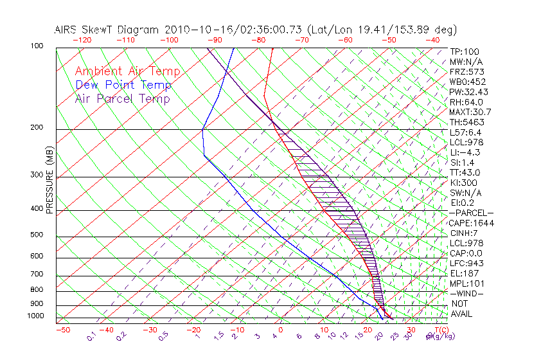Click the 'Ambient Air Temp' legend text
click(x=127, y=71)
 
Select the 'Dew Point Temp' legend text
click(x=123, y=85)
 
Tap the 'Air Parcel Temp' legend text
click(x=123, y=98)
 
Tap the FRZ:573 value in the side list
click(x=467, y=71)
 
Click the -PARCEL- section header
click(x=472, y=213)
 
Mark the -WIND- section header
click(x=467, y=293)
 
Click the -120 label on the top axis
click(x=82, y=40)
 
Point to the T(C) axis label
click(x=439, y=330)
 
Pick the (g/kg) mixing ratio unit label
click(x=438, y=336)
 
